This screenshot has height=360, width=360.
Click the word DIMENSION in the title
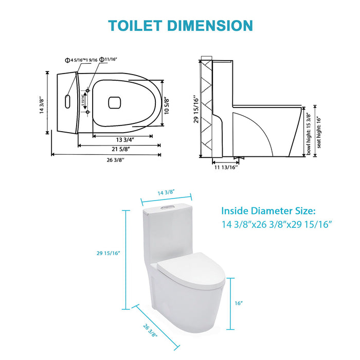click(214, 25)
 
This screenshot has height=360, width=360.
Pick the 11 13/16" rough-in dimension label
click(226, 168)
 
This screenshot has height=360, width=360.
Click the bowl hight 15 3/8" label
click(309, 134)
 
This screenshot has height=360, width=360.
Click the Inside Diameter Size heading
click(268, 211)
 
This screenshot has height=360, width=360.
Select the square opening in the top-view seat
click(114, 102)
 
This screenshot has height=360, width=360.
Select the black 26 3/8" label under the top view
click(104, 159)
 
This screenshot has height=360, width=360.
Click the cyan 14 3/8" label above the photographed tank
click(166, 191)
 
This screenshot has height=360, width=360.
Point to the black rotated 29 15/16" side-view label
click(194, 109)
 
